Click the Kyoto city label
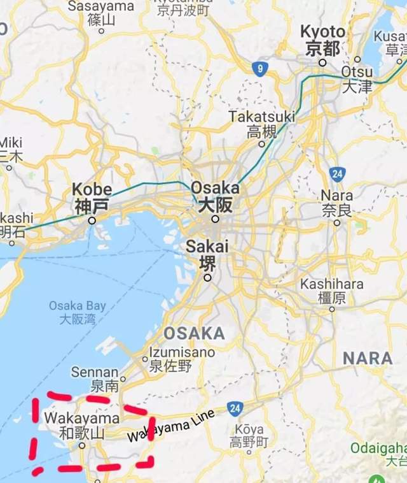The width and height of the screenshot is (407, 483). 323,40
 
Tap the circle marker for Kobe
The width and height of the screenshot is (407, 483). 92,220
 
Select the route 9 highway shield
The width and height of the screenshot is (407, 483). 258,69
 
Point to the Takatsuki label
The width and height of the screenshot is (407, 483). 262,124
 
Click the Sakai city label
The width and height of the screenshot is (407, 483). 207,255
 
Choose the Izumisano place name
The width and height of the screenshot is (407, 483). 182,359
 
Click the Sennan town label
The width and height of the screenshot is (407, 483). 95,378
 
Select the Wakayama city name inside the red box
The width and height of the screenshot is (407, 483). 82,425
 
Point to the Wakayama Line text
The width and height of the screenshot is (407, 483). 171,426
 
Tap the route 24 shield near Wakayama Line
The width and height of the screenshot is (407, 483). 235,408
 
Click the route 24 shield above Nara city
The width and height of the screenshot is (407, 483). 338,173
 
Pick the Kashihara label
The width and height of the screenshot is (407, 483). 332,290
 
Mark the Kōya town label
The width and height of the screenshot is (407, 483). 249,435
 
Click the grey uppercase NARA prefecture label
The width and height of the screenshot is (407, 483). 368,358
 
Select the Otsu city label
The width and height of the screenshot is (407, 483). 357,78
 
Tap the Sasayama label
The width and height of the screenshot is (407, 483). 101,12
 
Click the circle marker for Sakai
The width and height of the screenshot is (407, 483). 207,278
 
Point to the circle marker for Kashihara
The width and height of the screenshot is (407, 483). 332,309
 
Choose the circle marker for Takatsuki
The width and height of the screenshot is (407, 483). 261,144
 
